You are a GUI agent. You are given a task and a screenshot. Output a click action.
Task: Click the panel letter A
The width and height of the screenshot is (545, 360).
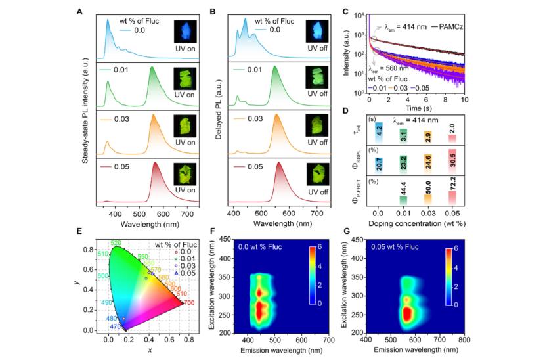[79, 11]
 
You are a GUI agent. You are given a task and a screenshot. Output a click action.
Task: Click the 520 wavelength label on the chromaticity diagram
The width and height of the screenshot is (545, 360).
[116, 243]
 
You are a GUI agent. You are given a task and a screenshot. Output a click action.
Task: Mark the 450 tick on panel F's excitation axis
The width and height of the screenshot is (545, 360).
[233, 239]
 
